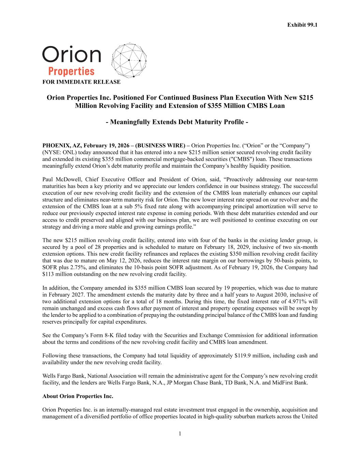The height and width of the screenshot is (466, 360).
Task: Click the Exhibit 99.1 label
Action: pyautogui.click(x=302, y=25)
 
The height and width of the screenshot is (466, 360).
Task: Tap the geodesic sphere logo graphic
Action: pyautogui.click(x=129, y=60)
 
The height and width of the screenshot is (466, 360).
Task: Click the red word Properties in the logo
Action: pyautogui.click(x=71, y=71)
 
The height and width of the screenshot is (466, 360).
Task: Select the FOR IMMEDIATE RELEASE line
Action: pyautogui.click(x=81, y=82)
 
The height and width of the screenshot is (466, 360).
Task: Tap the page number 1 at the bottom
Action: pyautogui.click(x=180, y=434)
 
